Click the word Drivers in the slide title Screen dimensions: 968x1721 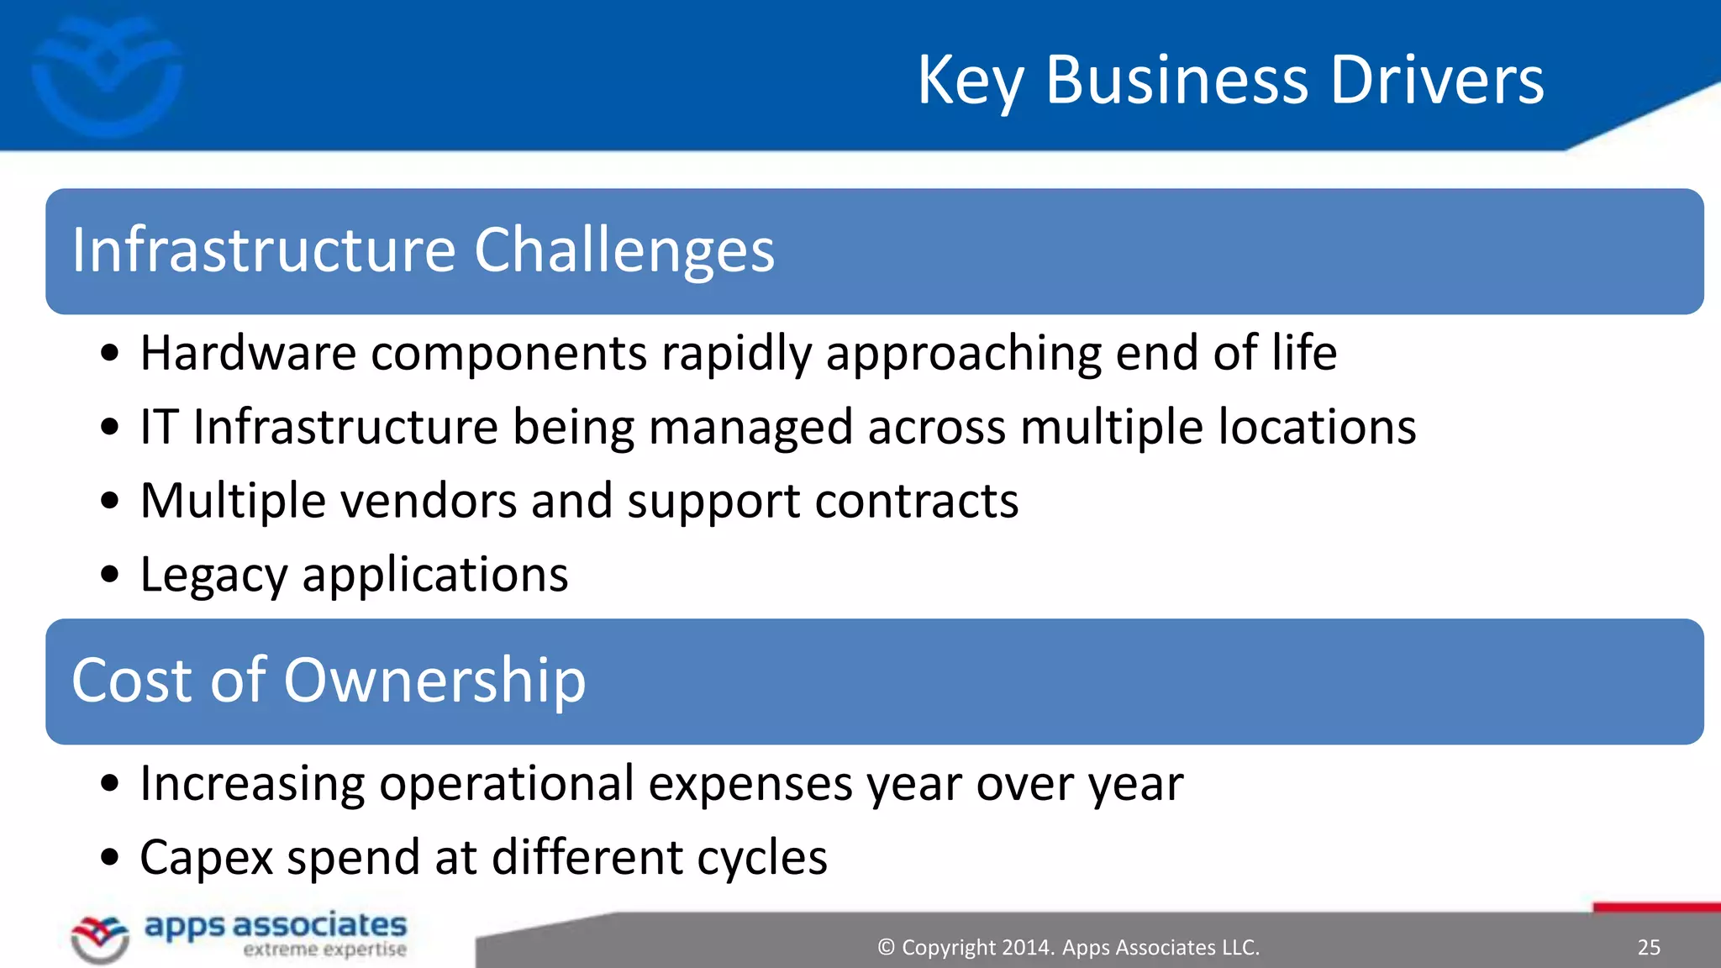coord(1437,81)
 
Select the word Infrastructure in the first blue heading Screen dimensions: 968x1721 coord(264,250)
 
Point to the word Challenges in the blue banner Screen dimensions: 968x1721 coord(624,252)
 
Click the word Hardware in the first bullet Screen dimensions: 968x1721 coord(248,353)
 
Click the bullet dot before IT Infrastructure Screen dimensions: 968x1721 coord(109,427)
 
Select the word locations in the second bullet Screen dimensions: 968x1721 coord(1317,427)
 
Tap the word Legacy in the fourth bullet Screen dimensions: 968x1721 coord(213,576)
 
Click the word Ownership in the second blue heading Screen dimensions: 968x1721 coord(434,681)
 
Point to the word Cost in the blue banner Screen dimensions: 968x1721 coord(134,681)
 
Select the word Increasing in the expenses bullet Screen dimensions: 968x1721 coord(252,785)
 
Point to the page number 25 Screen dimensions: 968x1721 coord(1649,948)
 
